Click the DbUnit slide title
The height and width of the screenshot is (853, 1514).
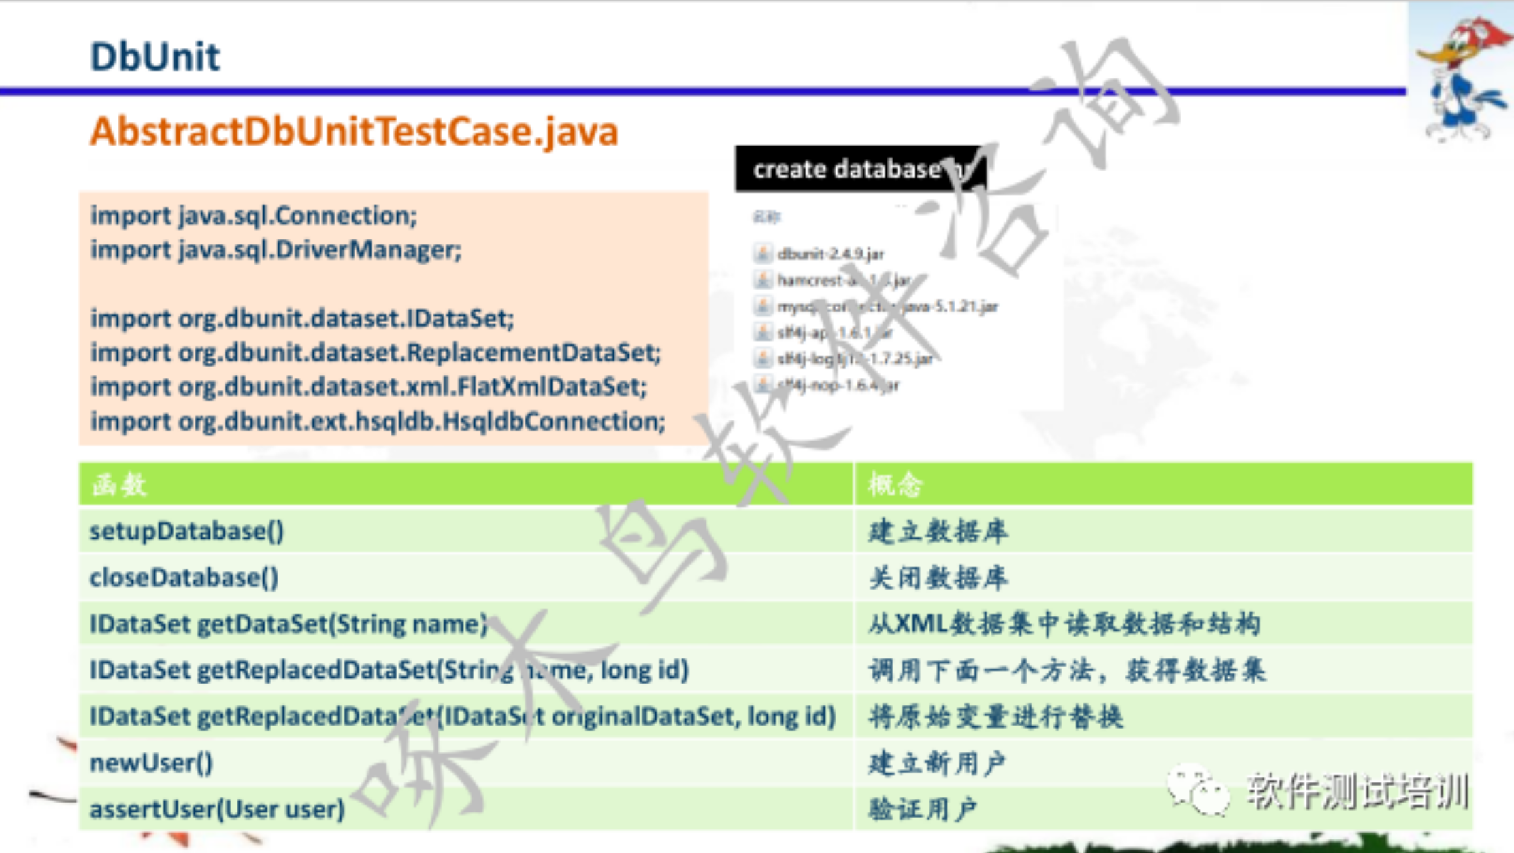tap(155, 56)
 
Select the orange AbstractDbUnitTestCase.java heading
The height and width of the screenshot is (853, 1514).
tap(354, 131)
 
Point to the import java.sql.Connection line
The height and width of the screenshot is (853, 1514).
tap(254, 216)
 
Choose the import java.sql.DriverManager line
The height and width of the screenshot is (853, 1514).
tap(276, 250)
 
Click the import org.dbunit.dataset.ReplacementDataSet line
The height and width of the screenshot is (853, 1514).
tap(376, 352)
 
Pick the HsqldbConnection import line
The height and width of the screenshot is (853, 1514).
tap(378, 422)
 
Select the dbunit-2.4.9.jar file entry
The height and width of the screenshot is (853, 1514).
tap(830, 254)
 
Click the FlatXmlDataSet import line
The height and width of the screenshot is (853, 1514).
tap(369, 387)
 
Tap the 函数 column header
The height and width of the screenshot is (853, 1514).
tap(119, 485)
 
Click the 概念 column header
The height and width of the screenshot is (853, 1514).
tap(895, 485)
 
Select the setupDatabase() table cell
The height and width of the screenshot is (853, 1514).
tap(187, 531)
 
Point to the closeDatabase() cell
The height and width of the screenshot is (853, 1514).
tap(184, 578)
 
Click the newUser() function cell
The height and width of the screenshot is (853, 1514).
tap(152, 763)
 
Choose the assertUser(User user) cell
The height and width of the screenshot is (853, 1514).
tap(217, 809)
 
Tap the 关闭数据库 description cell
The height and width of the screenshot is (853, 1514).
tap(938, 578)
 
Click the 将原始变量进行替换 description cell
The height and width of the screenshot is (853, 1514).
tap(995, 717)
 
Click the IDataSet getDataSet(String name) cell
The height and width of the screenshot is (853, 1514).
tap(289, 624)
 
